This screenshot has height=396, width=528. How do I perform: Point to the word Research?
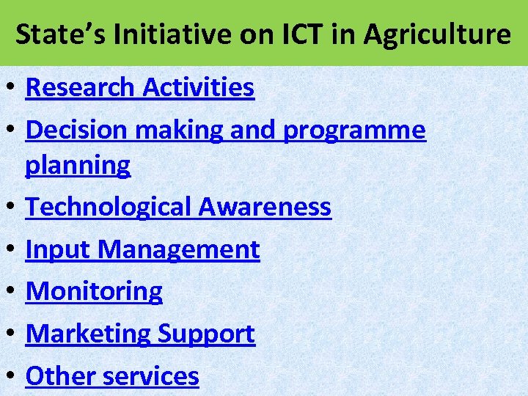pos(81,88)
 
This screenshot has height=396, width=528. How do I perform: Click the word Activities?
pos(199,88)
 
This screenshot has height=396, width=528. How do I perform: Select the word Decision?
pos(75,130)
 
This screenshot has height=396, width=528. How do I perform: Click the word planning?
pos(78,166)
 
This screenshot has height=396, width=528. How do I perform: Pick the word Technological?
pos(109,208)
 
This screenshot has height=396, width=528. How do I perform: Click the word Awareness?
pos(265,208)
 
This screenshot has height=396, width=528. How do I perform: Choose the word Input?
pos(59,250)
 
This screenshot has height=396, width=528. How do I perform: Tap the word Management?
pos(179,250)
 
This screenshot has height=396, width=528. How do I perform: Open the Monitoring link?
pos(94,292)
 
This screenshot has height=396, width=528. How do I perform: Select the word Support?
pos(206,334)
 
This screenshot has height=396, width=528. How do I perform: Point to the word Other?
pos(61,376)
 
